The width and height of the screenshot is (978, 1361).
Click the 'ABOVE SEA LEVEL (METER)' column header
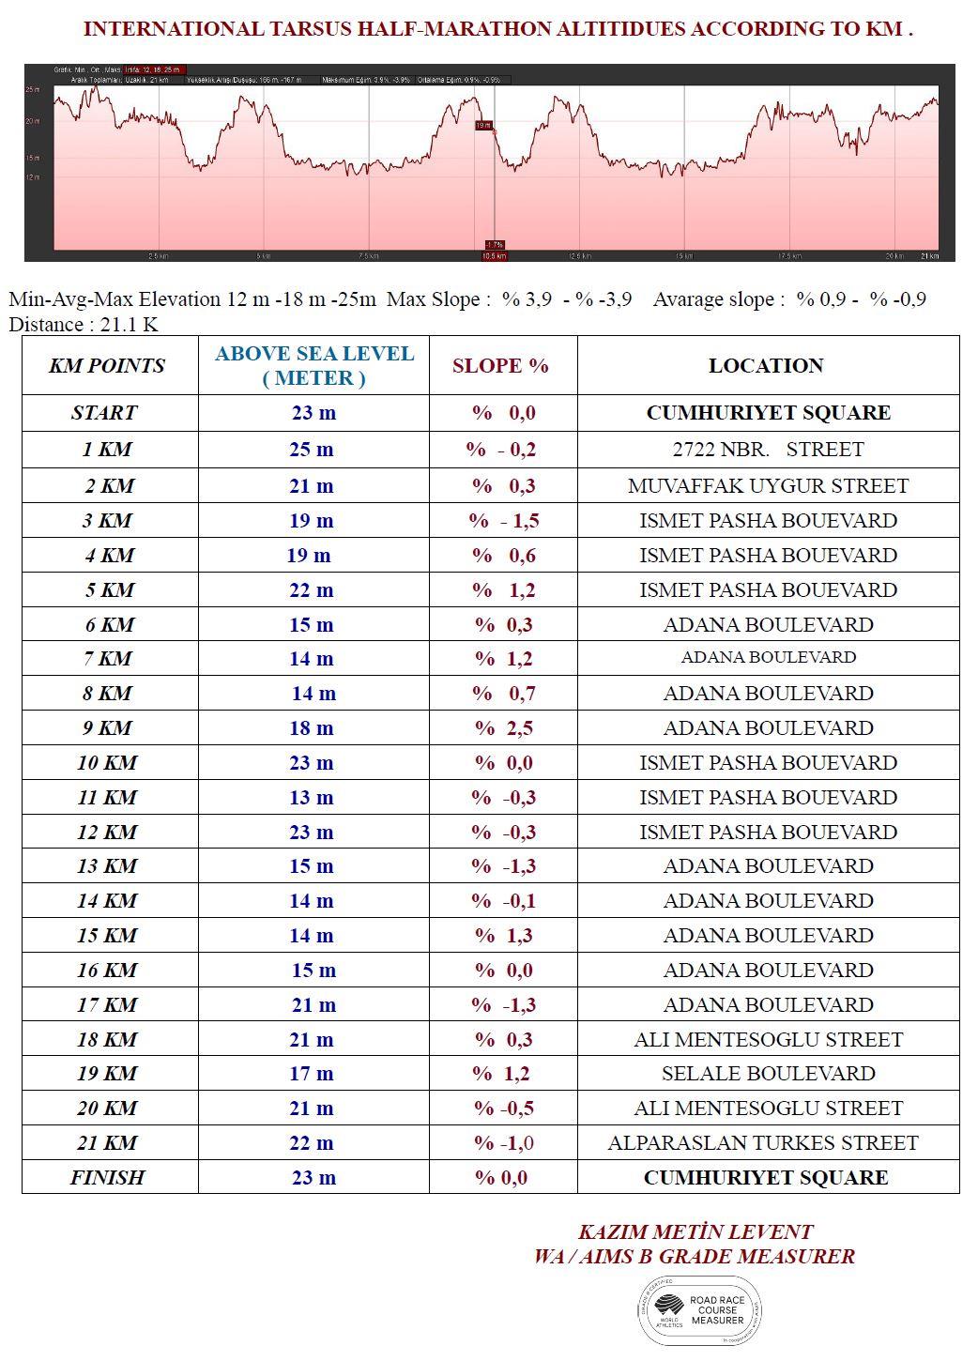(313, 366)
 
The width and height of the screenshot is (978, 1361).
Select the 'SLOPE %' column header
(500, 366)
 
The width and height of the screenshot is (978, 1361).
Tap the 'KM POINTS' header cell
(107, 366)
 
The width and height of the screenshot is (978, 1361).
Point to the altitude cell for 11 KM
(312, 798)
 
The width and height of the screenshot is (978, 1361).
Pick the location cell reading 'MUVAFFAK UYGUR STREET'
(768, 486)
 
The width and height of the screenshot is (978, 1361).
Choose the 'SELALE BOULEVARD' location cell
(768, 1074)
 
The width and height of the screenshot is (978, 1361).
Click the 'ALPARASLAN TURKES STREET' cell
(762, 1143)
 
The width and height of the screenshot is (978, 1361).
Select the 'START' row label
(104, 413)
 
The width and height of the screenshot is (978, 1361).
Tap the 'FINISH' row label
(107, 1178)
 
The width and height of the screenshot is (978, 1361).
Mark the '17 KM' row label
(107, 1005)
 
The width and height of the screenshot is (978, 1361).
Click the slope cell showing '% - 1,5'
(503, 521)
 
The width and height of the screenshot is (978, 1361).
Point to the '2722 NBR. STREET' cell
(768, 450)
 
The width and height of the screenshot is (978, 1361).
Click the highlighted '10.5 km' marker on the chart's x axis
(494, 256)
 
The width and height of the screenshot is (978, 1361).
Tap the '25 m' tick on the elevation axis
(33, 89)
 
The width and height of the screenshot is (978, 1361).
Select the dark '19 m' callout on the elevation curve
(484, 125)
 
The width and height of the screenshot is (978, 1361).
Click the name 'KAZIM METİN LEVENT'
(695, 1232)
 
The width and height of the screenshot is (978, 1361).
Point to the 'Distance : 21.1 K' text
(83, 325)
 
